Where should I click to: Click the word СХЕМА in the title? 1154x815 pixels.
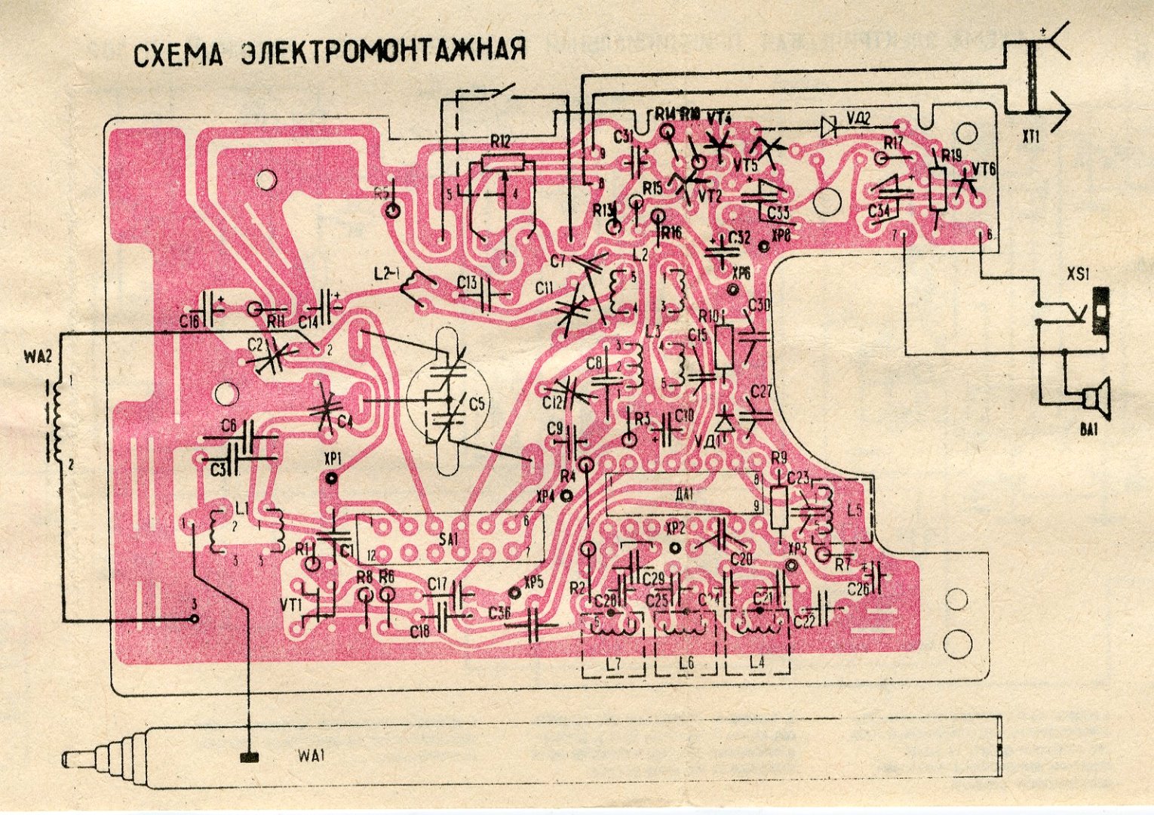(x=178, y=55)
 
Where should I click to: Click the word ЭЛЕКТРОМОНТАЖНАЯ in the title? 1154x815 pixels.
(x=382, y=51)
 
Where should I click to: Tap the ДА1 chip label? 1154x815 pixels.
(x=685, y=494)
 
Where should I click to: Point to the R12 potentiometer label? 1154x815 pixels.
(x=500, y=141)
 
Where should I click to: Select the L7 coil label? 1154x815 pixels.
(x=612, y=665)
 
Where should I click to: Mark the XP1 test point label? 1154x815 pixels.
(x=332, y=459)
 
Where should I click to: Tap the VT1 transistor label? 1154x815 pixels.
(x=290, y=606)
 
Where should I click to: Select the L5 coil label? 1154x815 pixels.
(x=854, y=509)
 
